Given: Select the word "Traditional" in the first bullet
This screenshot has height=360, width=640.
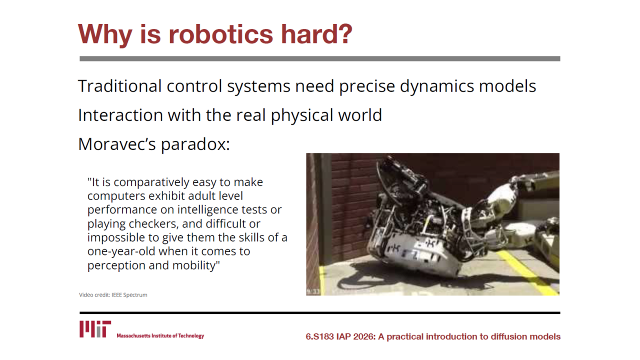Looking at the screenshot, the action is (x=119, y=86).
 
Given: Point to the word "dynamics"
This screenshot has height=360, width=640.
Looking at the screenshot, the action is (x=437, y=86).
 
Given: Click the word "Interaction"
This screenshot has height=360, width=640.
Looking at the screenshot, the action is (x=120, y=115).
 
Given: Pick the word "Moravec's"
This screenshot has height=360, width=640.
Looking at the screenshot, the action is (x=117, y=144).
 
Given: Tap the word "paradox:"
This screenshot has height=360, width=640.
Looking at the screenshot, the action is (x=195, y=145).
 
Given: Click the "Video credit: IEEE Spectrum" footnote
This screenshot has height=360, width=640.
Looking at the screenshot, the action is (x=113, y=295).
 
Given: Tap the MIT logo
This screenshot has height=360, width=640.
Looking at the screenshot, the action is (x=95, y=329).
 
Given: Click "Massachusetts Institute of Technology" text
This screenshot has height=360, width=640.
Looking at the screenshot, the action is (x=160, y=335).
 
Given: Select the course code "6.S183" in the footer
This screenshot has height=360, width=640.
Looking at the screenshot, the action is (x=319, y=336).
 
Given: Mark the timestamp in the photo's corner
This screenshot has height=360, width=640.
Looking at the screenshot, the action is (x=313, y=291).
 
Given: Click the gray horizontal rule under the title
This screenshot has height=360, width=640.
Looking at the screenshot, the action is (x=319, y=58).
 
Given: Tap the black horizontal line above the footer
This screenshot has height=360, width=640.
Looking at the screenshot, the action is (x=319, y=313).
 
